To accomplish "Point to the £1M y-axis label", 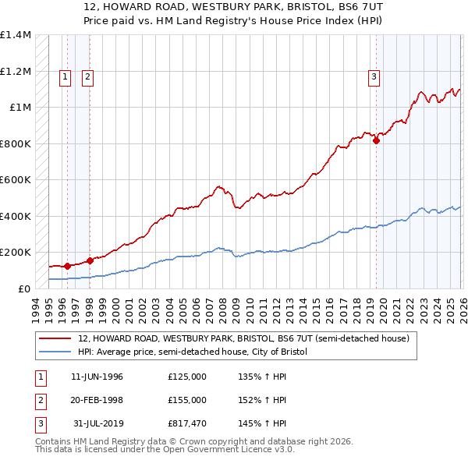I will pyautogui.click(x=19, y=108).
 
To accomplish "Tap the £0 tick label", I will pyautogui.click(x=25, y=288).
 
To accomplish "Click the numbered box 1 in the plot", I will pyautogui.click(x=64, y=76).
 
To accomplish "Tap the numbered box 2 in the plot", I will pyautogui.click(x=87, y=76).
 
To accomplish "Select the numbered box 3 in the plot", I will pyautogui.click(x=374, y=76).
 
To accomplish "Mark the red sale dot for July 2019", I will pyautogui.click(x=376, y=141).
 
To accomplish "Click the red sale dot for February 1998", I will pyautogui.click(x=90, y=260).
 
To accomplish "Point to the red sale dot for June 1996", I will pyautogui.click(x=67, y=266).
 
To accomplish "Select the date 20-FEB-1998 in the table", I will pyautogui.click(x=97, y=399).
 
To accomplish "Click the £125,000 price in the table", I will pyautogui.click(x=187, y=377).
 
